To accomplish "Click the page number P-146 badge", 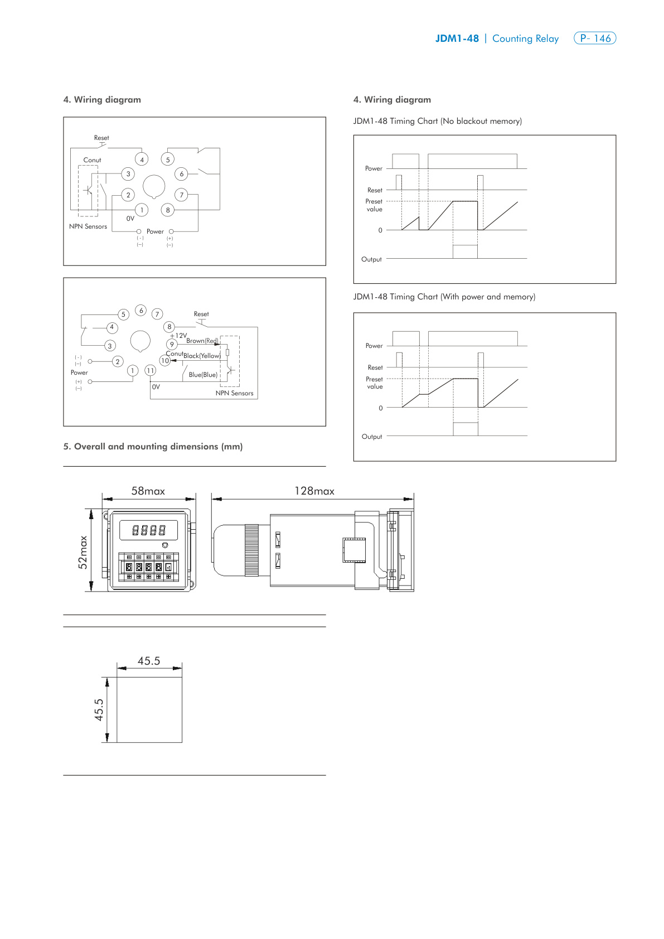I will (594, 38).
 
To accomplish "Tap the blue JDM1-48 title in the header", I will (457, 38).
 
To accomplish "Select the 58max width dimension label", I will (148, 491).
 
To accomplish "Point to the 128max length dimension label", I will (314, 491).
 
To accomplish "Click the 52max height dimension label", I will (83, 552).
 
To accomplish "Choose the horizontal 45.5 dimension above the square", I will (149, 661).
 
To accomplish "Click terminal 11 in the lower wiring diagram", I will (150, 370).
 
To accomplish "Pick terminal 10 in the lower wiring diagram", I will (164, 361).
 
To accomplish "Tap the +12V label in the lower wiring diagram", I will (179, 336).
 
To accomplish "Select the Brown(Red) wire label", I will (202, 341).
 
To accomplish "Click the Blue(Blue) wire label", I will (203, 375).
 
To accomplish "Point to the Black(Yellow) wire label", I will (202, 356).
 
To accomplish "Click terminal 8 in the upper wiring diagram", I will (168, 210).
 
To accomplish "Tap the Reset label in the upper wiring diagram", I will (101, 138).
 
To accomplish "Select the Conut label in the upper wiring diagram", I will (92, 160).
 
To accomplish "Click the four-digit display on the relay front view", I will (149, 530).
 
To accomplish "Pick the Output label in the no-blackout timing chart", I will (371, 259).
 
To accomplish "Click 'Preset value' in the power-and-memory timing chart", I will (374, 383).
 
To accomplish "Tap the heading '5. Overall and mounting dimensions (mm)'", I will (153, 446).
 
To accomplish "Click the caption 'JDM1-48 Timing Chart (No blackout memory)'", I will (437, 121).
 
